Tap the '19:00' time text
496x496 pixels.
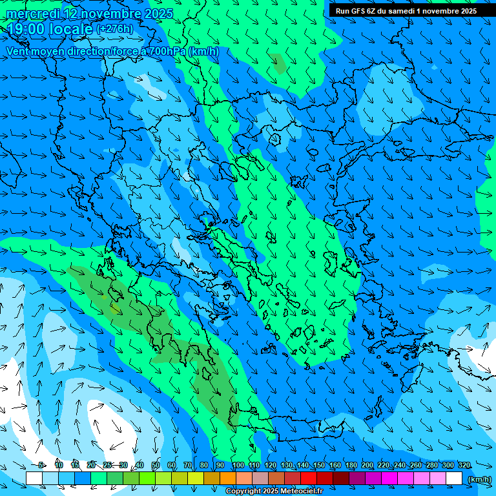tap(29, 29)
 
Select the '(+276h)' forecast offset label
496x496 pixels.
tap(114, 28)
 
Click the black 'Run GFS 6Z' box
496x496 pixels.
tap(406, 10)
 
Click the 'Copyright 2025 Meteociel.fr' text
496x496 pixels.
tap(274, 491)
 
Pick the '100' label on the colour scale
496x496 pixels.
tap(238, 466)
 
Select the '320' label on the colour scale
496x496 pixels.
tap(464, 466)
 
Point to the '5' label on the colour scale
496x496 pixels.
tap(41, 466)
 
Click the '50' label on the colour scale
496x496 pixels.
tap(156, 466)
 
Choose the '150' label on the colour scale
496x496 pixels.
tap(319, 466)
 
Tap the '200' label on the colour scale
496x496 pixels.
tap(367, 466)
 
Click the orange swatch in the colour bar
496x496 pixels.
tap(228, 479)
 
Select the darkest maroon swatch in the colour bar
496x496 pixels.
tap(341, 479)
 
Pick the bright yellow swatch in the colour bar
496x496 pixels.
tap(180, 479)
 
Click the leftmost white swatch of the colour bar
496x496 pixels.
tap(34, 479)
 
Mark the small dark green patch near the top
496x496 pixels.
tap(279, 63)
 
